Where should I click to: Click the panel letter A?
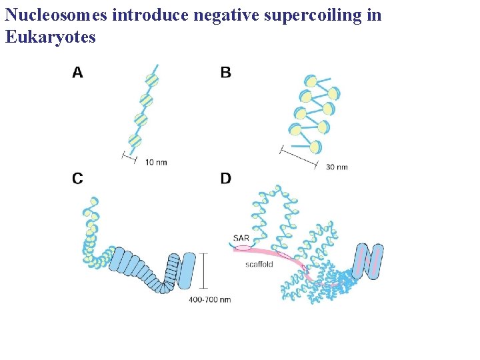pos(78,72)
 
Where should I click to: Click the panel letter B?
pos(226,72)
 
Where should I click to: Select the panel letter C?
pos(78,178)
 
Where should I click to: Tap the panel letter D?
pos(226,178)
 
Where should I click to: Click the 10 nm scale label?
pos(156,162)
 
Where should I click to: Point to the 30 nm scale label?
pos(337,167)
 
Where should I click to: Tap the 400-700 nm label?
pos(209,300)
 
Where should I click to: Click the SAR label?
pos(241,238)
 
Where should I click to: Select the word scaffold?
pos(259,265)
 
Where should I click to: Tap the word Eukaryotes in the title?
pos(51,37)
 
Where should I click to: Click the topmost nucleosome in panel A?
pos(152,81)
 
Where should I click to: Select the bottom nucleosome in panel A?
pos(135,141)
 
